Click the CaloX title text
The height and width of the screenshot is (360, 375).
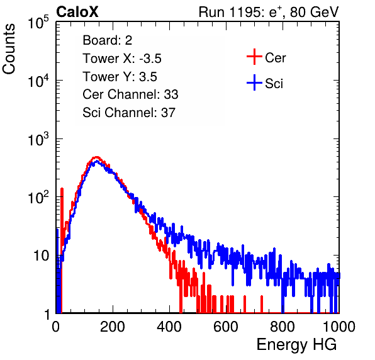coord(77,12)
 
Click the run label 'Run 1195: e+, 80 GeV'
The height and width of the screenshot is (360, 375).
coord(269,12)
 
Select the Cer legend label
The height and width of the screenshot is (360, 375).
coord(275,58)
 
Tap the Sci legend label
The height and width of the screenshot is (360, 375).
coord(274,84)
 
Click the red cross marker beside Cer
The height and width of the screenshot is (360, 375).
coord(254,57)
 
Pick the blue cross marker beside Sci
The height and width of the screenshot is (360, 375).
coord(254,82)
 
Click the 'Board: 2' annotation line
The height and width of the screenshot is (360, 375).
coord(108,40)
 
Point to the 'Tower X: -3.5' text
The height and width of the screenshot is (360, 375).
coord(122,59)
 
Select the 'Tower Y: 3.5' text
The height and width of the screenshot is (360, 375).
coord(120,77)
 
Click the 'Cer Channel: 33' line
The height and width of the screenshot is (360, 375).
coord(130,94)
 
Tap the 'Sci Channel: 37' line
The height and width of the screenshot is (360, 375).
coord(129,113)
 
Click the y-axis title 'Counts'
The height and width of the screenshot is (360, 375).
coord(9,49)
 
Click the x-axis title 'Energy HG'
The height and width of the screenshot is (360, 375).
coord(297,345)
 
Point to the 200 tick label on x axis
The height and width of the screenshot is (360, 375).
coord(113,327)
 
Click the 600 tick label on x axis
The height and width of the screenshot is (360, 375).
coord(226,327)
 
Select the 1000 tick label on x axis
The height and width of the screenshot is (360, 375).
coord(339,327)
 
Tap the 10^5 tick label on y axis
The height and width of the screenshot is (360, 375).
coord(38,23)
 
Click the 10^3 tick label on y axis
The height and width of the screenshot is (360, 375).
coord(38,139)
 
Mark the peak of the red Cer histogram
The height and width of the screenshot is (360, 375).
coord(96,157)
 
